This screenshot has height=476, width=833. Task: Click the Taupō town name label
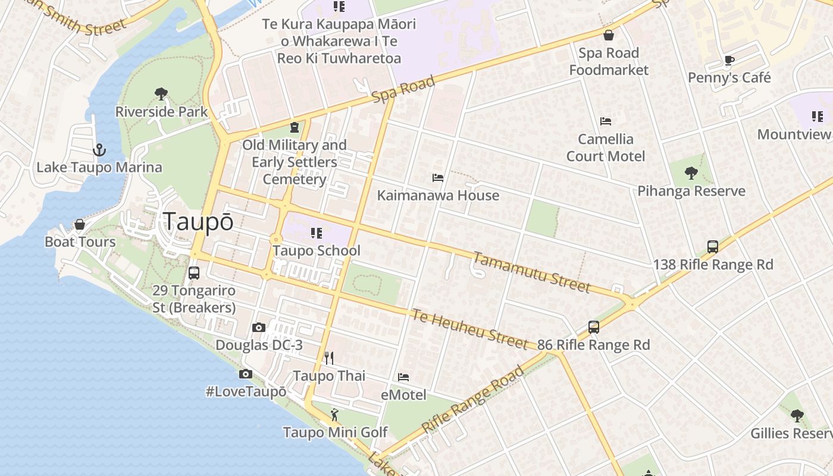(x=198, y=221)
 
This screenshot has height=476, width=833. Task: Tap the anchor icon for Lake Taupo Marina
(x=99, y=150)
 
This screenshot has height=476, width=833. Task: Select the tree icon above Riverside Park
(x=161, y=93)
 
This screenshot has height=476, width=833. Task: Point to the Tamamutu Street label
(x=531, y=272)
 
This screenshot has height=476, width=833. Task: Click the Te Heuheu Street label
(x=469, y=329)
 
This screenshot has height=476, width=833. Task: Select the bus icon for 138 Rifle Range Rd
(x=712, y=247)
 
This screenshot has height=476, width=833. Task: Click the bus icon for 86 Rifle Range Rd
(x=593, y=327)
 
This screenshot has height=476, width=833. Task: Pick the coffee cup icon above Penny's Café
(x=729, y=60)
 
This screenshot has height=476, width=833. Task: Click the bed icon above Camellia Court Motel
(x=606, y=121)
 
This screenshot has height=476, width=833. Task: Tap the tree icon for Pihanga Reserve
(x=691, y=173)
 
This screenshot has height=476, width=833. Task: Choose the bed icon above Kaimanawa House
(x=438, y=178)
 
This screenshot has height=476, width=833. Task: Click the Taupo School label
(x=317, y=250)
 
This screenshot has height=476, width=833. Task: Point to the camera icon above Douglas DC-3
(x=258, y=327)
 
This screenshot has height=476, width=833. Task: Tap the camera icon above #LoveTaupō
(x=245, y=374)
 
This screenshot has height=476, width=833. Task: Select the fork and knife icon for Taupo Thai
(x=328, y=358)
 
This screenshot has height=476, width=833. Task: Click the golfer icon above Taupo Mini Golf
(x=334, y=414)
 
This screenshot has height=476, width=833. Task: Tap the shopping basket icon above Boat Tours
(x=80, y=224)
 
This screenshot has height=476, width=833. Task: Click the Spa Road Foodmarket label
(x=609, y=61)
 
